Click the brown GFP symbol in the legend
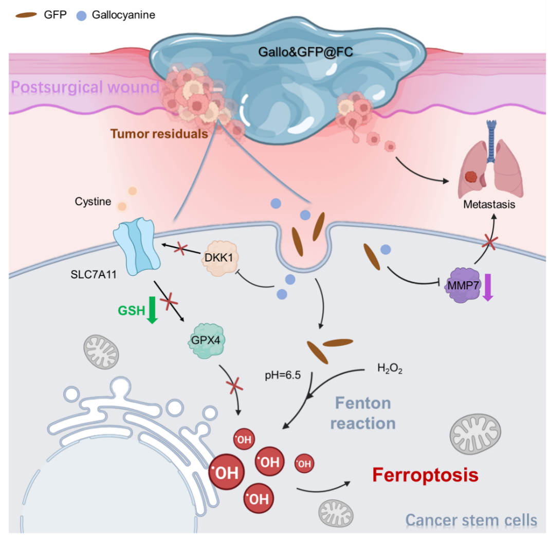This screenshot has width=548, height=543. click(x=27, y=15)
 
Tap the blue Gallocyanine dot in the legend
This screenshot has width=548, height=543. click(x=81, y=15)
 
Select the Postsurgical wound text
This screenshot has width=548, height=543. click(x=85, y=87)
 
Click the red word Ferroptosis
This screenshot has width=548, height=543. click(x=425, y=475)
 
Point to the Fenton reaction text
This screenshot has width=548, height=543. click(x=363, y=413)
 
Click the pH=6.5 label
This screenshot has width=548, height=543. click(x=283, y=375)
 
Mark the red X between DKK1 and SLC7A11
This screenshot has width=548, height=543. click(x=181, y=250)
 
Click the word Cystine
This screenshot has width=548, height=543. click(x=93, y=202)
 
